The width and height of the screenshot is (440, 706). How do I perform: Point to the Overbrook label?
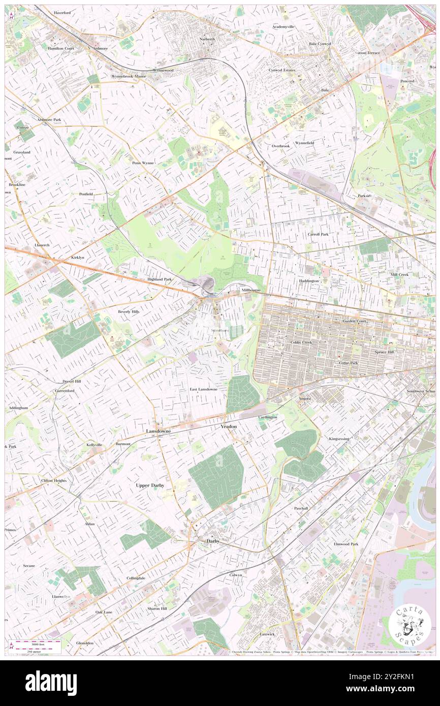tap(280, 146)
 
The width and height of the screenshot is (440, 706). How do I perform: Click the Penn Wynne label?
tap(142, 163)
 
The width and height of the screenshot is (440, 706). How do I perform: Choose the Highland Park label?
tap(160, 279)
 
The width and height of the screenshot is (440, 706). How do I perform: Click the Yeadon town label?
tap(229, 427)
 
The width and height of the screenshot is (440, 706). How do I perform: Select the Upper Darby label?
tap(150, 485)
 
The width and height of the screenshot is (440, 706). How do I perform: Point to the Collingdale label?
tap(136, 578)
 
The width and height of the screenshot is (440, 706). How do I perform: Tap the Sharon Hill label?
tap(157, 608)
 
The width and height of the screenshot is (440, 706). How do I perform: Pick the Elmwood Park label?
tap(345, 544)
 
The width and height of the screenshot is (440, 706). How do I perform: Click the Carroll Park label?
tap(318, 234)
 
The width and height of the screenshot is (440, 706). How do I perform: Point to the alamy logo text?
tap(51, 683)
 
